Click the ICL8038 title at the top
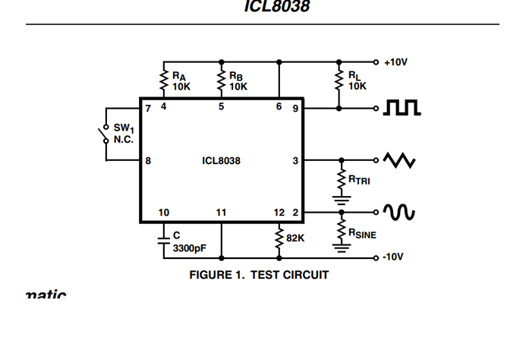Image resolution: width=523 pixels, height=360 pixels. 276,7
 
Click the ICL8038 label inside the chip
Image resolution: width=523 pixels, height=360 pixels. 221,161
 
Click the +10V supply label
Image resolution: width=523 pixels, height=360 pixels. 395,62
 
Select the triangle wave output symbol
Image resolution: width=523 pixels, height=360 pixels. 399,161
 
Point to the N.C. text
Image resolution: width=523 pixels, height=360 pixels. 124,141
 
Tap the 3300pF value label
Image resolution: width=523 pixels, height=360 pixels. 190,248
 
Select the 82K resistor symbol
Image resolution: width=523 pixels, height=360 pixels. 279,237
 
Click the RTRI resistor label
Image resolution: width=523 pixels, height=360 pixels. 359,180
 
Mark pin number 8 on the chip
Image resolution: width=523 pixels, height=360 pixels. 148,161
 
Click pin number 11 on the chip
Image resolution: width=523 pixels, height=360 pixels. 221,213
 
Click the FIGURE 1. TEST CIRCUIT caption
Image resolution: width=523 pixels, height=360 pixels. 259,275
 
